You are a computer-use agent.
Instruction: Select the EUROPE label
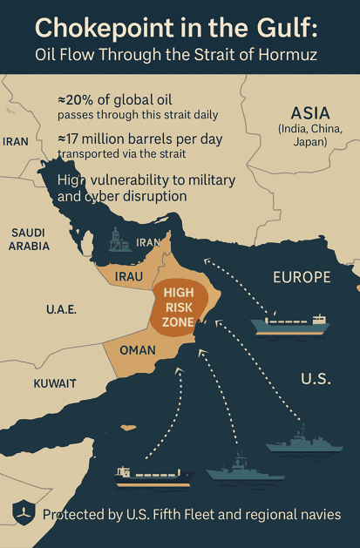click(x=302, y=278)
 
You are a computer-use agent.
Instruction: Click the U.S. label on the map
click(x=316, y=379)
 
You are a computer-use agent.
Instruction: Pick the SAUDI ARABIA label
click(x=30, y=240)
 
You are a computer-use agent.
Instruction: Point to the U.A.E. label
click(x=62, y=309)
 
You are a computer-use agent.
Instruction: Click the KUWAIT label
click(x=55, y=383)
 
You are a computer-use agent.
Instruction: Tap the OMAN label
click(x=137, y=350)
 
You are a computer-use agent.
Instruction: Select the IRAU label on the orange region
click(x=128, y=276)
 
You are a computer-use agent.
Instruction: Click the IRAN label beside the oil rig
click(x=149, y=242)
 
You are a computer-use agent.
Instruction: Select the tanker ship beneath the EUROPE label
click(x=290, y=323)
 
